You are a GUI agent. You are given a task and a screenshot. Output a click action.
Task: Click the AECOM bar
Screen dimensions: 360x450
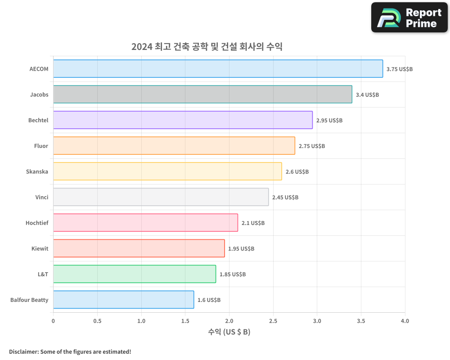coord(218,69)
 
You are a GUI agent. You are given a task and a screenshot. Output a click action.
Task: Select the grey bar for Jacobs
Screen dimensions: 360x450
coord(202,94)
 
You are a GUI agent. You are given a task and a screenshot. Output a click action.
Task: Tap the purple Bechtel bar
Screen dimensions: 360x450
coord(183,120)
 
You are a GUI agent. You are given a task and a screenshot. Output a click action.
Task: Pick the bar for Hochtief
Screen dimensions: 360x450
coord(145,223)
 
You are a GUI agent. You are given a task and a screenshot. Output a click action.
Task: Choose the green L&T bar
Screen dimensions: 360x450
coord(135,274)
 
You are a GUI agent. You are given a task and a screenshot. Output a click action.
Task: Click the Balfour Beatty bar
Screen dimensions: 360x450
coord(123,300)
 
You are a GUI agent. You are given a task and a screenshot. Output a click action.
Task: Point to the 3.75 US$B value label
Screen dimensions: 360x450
coord(400,69)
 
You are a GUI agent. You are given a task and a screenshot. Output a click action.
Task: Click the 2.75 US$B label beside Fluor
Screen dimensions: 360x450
coord(312,146)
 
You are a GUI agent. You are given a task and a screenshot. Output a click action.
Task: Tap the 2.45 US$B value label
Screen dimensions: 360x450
coord(285,198)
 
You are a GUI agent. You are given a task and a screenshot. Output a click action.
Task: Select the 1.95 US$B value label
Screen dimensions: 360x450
coord(241,249)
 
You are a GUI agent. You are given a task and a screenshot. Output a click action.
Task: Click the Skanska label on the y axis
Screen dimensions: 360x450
coord(37,171)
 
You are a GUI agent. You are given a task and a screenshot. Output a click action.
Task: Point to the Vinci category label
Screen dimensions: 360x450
coord(42,197)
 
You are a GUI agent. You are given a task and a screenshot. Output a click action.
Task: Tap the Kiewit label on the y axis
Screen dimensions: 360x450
coord(40,248)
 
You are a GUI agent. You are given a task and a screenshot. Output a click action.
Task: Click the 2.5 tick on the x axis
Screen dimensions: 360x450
coord(273,321)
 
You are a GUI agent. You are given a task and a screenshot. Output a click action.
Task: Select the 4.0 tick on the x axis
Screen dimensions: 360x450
coord(405,321)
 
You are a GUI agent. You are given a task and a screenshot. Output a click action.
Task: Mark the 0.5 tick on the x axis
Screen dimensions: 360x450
coord(97,321)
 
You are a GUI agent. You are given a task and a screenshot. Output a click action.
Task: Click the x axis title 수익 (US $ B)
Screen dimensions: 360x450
coord(229,333)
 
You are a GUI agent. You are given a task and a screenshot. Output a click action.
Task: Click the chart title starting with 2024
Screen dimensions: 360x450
coord(207,46)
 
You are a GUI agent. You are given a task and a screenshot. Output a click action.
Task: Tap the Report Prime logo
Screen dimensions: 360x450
coord(409,18)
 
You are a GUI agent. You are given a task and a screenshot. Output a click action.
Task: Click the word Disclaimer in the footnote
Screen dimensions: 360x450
coord(23,351)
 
